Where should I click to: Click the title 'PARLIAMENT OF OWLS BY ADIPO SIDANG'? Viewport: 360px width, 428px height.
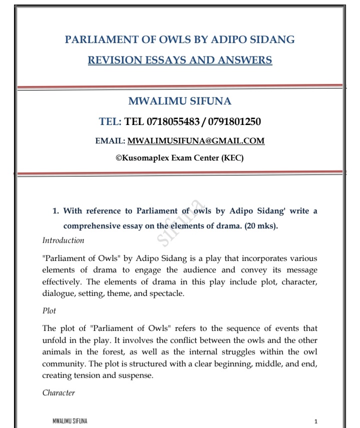tap(179, 39)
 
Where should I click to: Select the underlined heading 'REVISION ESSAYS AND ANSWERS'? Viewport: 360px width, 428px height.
tap(179, 60)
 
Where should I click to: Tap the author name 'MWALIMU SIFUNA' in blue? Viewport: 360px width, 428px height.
tap(179, 101)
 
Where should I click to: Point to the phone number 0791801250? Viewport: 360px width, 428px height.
tap(233, 121)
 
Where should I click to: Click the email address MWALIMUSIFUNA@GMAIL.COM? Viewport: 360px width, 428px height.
tap(196, 141)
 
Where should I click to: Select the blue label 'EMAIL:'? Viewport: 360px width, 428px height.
tap(110, 141)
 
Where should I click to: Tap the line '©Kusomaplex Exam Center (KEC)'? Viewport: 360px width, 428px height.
tap(179, 158)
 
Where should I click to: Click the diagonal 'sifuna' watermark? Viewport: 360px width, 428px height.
tap(181, 223)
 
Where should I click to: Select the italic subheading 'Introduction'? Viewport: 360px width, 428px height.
tap(63, 240)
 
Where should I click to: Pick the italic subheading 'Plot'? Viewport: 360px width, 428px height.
tap(49, 310)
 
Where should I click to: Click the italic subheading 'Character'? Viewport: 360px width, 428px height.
tap(58, 392)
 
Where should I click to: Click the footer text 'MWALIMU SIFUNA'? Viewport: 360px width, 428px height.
tap(66, 420)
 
